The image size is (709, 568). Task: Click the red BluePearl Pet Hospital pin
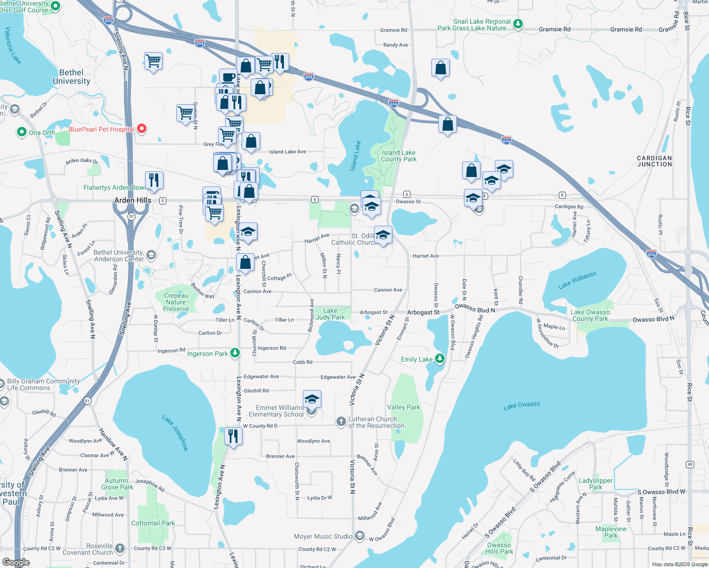coord(141,129)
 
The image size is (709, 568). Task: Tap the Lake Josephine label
coord(175,433)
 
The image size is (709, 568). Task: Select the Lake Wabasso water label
coord(577,280)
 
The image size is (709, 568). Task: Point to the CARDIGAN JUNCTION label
coord(654,161)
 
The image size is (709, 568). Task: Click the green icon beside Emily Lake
coord(440,359)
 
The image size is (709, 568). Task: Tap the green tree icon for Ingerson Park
coord(235,353)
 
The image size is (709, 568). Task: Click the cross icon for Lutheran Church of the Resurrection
coord(341,422)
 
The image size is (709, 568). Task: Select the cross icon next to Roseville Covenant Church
coord(120,549)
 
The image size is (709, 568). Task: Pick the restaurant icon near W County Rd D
coord(233,435)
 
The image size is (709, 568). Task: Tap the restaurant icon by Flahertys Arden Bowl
coord(154,180)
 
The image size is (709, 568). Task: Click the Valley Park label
coord(403,407)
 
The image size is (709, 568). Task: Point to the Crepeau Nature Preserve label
coord(176,302)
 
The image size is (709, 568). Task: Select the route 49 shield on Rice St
coord(690,464)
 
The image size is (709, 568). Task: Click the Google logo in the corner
coord(16,562)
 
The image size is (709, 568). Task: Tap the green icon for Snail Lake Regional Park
coord(518,24)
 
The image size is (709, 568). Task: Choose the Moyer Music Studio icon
coord(360,536)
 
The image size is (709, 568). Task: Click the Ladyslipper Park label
coord(595,484)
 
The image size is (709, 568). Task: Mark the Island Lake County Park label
coord(399,156)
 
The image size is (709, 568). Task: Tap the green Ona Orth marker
coord(21,132)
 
